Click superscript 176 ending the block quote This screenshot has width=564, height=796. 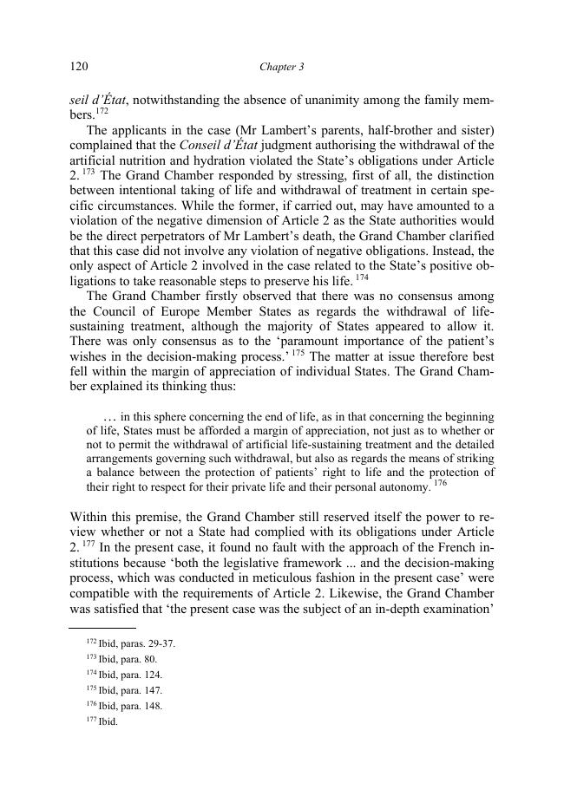click(440, 483)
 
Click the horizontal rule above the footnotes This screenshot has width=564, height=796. click(102, 627)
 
